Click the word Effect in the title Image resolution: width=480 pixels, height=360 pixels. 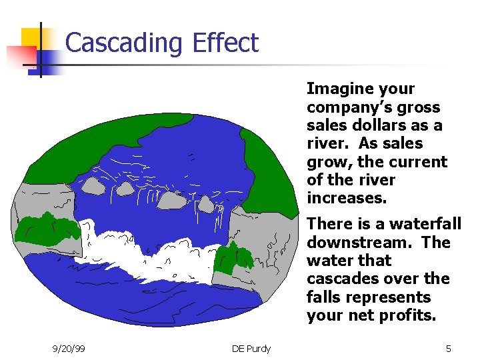tap(225, 43)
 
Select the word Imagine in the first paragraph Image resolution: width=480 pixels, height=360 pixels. tap(337, 89)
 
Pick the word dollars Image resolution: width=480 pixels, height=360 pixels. tap(385, 125)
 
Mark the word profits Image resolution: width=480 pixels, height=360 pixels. tap(406, 315)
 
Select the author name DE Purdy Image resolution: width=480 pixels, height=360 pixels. tap(251, 349)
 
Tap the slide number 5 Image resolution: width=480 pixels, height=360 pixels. tap(449, 349)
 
